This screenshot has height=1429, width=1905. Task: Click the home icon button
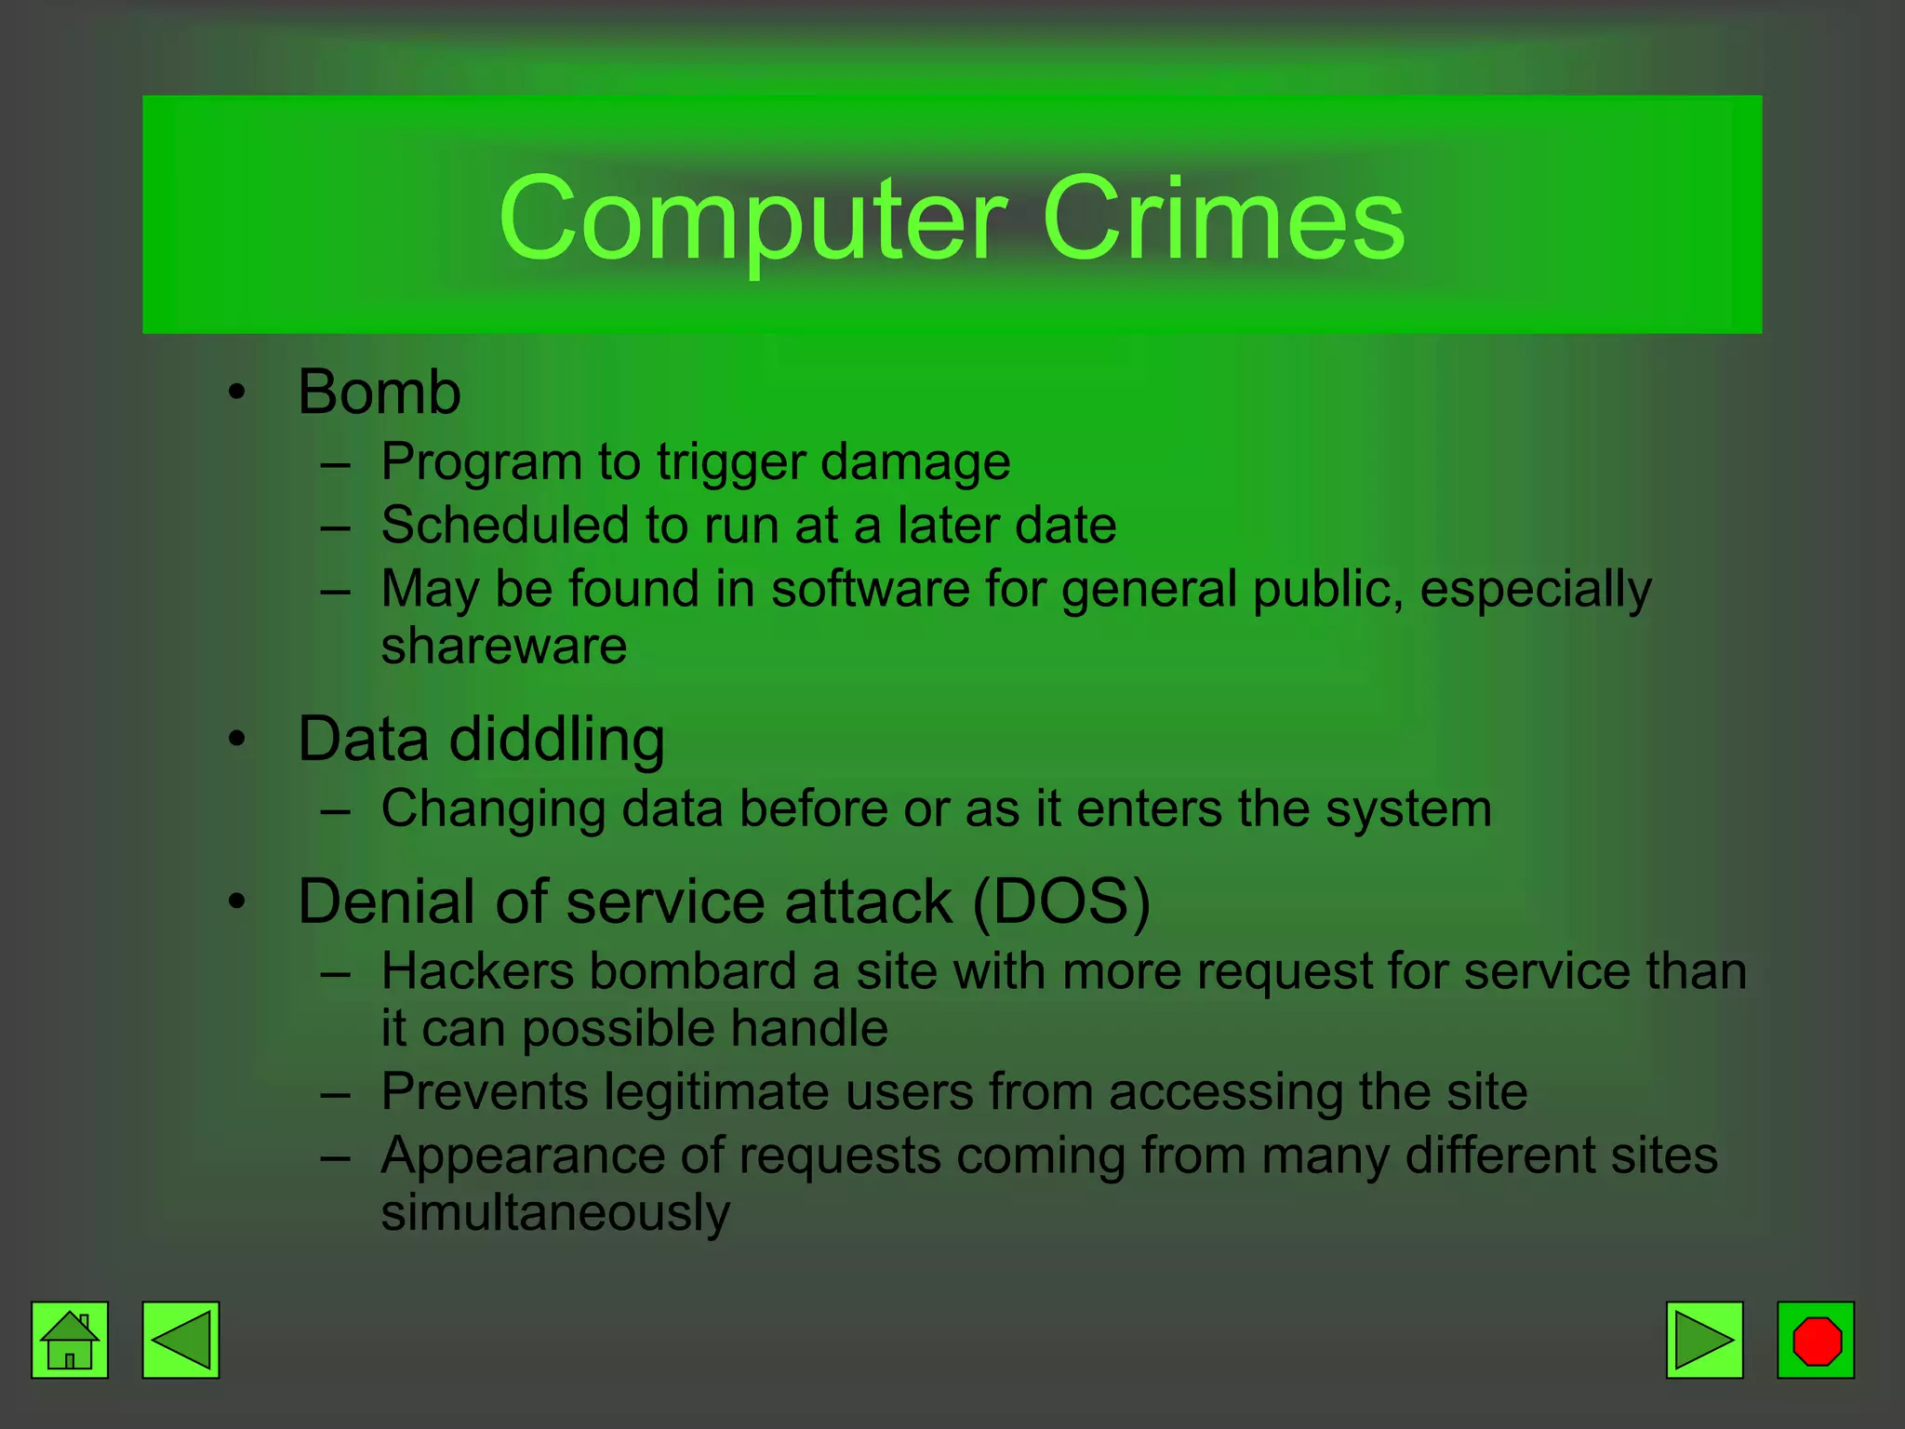coord(70,1340)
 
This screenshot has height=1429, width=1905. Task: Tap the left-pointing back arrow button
coord(180,1340)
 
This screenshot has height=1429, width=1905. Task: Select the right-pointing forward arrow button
coord(1704,1340)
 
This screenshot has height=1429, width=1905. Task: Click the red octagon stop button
coord(1816,1340)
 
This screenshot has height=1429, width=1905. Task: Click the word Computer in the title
coord(753,220)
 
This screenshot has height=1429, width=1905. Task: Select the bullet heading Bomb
coord(380,392)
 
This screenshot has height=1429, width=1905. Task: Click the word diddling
coord(557,741)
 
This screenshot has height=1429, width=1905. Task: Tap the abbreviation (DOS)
coord(1061,901)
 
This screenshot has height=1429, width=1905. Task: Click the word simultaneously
coord(555,1213)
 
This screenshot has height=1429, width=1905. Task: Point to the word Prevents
coord(485,1091)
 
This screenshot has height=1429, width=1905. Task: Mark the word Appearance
coord(523,1155)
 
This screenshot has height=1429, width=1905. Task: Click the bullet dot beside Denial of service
coord(238,901)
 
